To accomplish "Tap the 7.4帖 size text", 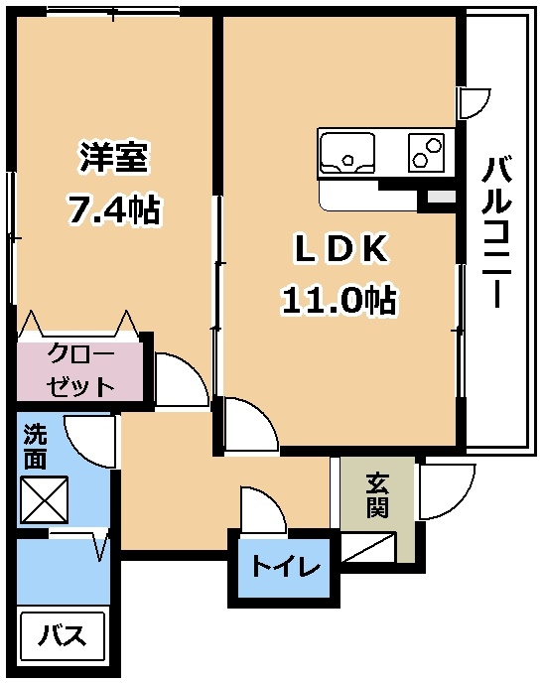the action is click(x=113, y=208).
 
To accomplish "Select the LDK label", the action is click(x=341, y=249).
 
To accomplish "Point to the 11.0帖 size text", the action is click(x=339, y=300).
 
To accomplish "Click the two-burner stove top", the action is click(x=426, y=152).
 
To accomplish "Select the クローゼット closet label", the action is click(x=81, y=370).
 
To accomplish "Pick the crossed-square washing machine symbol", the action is click(x=45, y=499).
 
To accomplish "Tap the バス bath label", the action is click(x=62, y=635).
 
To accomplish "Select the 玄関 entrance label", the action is click(x=377, y=494).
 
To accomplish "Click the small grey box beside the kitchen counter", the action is click(x=442, y=197).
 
